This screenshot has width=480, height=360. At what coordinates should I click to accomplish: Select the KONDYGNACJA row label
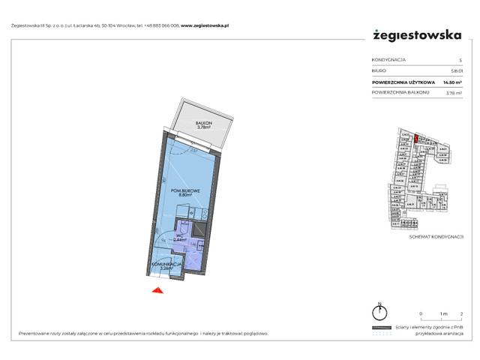pyautogui.click(x=388, y=60)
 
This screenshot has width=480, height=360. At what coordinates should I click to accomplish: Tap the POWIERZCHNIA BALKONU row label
pyautogui.click(x=399, y=92)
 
